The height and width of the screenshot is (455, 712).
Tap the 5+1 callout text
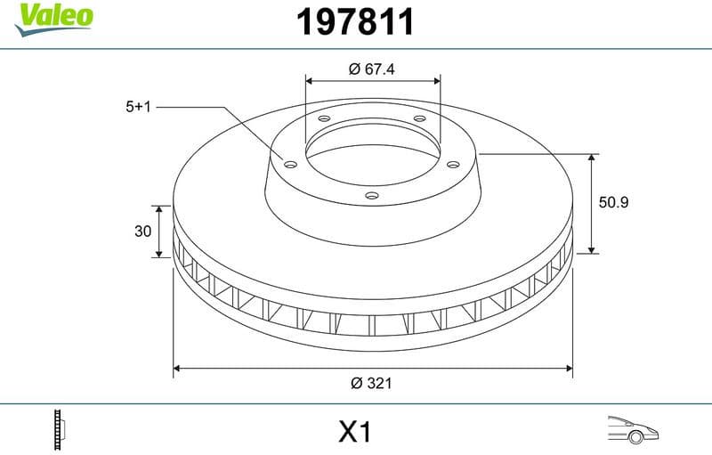click(x=140, y=107)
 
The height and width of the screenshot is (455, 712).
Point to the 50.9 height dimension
click(x=613, y=202)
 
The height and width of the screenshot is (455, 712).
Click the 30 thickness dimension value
click(x=142, y=232)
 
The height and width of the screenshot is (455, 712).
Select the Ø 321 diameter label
click(x=372, y=383)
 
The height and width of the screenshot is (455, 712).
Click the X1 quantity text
click(x=354, y=432)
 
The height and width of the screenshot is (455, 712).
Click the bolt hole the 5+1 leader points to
click(x=289, y=162)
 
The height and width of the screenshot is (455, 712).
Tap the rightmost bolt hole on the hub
click(x=452, y=163)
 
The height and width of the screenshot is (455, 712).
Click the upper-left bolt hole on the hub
click(x=324, y=120)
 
